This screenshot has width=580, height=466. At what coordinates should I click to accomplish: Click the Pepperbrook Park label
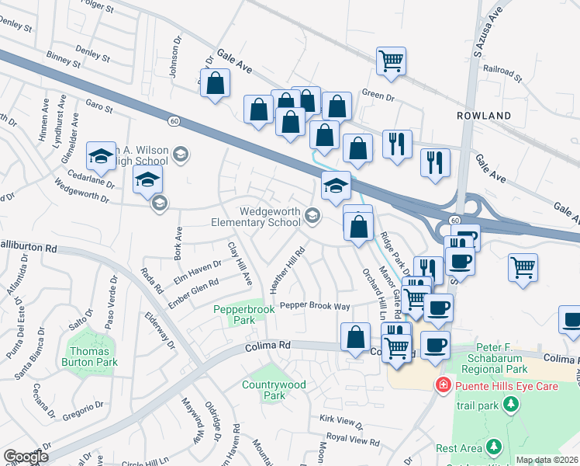(x=244, y=315)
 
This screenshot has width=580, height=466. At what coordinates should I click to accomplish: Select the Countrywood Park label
(x=274, y=390)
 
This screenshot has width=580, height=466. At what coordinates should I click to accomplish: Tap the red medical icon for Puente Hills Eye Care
(x=443, y=384)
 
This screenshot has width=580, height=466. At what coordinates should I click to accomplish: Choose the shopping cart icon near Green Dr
(x=392, y=61)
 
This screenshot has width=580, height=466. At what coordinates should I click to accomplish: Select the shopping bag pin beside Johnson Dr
(x=215, y=83)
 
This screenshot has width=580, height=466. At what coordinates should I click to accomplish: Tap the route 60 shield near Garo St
(x=175, y=121)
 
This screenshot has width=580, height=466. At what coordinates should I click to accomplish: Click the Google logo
(x=26, y=457)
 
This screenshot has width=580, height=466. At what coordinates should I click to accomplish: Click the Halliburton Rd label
(x=28, y=249)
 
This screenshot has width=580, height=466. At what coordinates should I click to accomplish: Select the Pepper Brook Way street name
(x=315, y=306)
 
